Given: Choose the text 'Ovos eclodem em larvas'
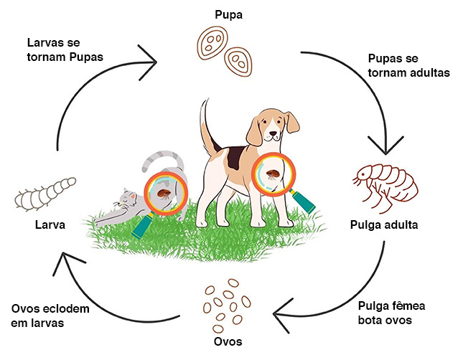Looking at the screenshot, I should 50,316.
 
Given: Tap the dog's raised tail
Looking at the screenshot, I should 203,122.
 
